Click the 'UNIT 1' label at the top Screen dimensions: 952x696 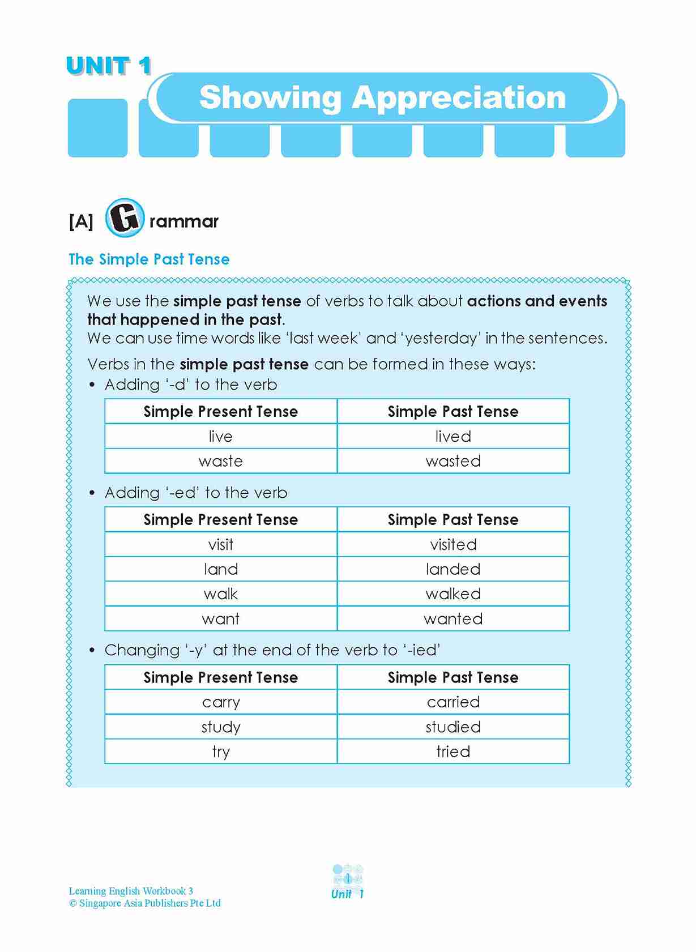(109, 66)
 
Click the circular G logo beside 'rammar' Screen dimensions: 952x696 (125, 217)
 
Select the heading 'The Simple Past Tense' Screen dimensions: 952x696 (149, 259)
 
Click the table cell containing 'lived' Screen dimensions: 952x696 (453, 436)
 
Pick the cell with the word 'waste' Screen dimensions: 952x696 (221, 461)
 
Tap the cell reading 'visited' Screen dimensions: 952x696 (453, 544)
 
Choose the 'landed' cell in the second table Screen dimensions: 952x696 (453, 569)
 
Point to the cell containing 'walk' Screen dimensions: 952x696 (221, 594)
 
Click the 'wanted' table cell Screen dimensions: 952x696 (453, 618)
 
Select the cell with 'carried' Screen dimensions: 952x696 (453, 702)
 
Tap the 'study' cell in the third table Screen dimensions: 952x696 (221, 727)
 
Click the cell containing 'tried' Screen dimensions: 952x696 (453, 752)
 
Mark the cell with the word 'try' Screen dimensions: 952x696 (221, 752)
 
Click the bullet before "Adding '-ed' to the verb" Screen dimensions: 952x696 (92, 493)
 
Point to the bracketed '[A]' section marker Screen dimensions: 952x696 (81, 221)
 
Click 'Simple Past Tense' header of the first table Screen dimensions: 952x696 (453, 411)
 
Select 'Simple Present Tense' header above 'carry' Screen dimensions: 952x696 (221, 677)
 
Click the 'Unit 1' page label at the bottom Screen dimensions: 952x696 (348, 894)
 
